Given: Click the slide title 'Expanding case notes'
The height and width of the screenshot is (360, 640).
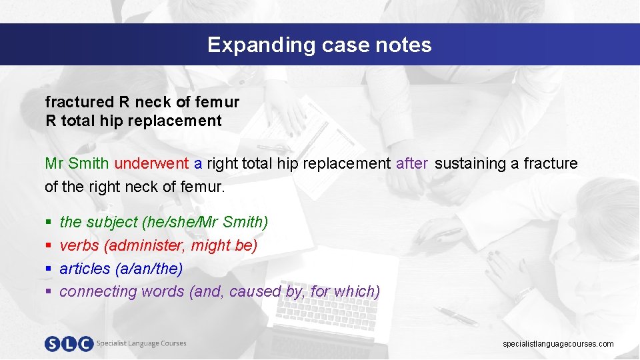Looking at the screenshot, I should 319,45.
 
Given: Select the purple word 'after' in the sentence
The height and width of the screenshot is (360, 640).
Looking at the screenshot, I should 411,163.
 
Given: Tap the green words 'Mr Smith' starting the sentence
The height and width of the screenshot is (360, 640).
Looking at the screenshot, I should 77,163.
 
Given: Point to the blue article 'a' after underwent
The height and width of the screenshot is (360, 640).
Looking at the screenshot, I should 198,164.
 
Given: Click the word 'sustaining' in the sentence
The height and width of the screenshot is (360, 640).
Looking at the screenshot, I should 470,163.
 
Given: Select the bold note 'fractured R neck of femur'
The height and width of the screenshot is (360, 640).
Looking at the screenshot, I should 142,102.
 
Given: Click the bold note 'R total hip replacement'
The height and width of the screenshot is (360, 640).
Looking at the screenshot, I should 133,121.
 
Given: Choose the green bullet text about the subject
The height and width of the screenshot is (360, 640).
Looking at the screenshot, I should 163,221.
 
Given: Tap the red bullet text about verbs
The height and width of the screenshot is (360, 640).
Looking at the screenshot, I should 158,245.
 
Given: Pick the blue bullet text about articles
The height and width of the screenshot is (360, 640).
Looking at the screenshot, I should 121,268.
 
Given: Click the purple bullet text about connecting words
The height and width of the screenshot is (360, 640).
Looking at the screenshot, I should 219,291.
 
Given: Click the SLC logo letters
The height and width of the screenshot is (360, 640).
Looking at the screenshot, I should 69,343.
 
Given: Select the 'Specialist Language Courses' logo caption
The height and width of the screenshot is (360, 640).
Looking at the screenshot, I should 141,343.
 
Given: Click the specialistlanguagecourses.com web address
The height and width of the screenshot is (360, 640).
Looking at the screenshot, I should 558,344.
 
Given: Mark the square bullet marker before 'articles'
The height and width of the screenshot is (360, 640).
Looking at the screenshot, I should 48,269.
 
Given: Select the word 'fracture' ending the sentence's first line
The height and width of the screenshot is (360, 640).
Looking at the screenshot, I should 551,163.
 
